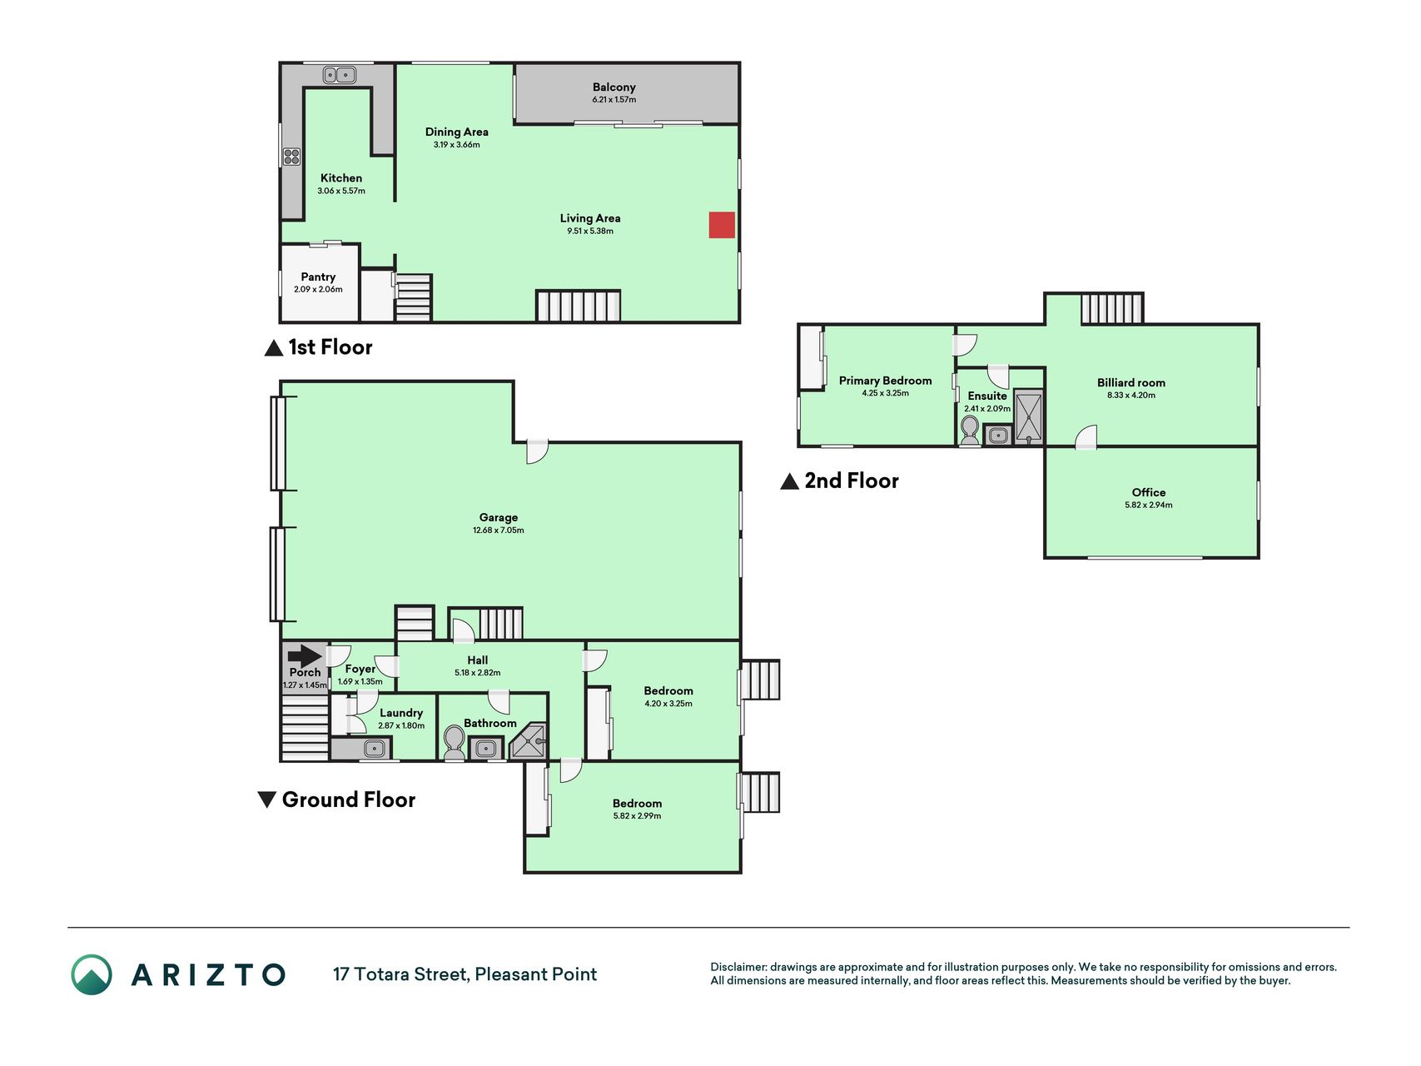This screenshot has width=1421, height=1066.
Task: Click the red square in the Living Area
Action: (722, 225)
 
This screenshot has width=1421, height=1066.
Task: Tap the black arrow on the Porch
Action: (305, 655)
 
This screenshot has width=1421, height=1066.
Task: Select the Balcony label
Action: (614, 87)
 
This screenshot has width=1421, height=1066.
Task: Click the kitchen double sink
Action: (340, 75)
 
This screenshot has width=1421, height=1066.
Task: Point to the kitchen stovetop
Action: (291, 156)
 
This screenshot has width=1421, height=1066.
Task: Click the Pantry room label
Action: (318, 276)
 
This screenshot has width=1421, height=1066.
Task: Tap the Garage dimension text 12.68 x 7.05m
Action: (499, 530)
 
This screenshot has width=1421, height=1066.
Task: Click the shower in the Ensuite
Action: (1029, 416)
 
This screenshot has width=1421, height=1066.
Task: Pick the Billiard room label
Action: (1131, 382)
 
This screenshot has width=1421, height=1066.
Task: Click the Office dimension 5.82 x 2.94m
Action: (1149, 505)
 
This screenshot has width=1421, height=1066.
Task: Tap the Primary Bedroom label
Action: (885, 380)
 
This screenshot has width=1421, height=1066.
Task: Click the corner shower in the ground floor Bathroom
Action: (529, 741)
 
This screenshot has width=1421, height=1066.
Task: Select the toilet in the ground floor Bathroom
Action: (455, 742)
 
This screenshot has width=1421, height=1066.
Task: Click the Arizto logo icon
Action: (92, 974)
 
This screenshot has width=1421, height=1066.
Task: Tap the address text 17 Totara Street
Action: (400, 974)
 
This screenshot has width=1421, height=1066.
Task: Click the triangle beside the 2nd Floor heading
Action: (789, 481)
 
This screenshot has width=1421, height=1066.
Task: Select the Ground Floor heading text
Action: (349, 799)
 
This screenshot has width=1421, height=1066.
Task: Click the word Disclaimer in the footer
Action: (738, 967)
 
